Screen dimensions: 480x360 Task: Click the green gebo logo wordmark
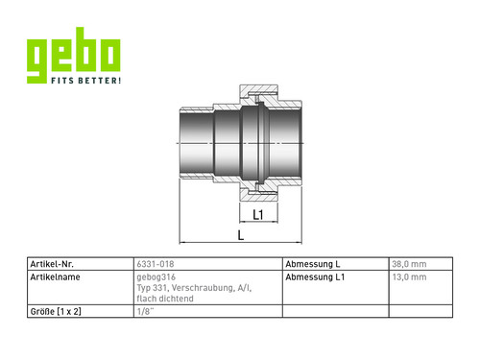coord(74,55)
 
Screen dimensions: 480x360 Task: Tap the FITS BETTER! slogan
coord(86,81)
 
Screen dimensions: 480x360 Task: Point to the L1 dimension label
coord(258,215)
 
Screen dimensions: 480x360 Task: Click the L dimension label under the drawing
coord(241,235)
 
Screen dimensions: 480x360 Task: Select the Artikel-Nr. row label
coord(52,264)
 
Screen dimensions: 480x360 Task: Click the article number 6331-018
coord(156,264)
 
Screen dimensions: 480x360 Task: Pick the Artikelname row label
coord(55,276)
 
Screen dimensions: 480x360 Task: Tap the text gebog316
coord(156,277)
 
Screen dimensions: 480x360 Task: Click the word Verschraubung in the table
coord(203,288)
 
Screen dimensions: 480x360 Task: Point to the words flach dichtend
coord(165,299)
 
